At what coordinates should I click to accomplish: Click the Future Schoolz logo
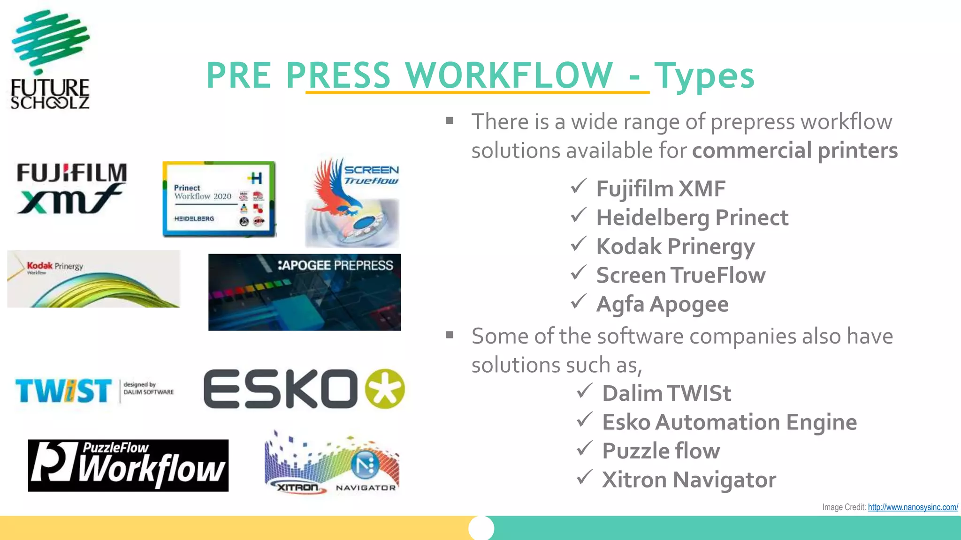(50, 60)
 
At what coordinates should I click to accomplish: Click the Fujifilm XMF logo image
(72, 188)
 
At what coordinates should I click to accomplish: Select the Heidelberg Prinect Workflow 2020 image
(219, 199)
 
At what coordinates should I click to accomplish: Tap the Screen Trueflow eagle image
(352, 202)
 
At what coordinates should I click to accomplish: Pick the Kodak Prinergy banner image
(93, 279)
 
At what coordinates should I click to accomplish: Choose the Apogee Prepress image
(305, 292)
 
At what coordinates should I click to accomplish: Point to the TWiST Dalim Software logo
(94, 391)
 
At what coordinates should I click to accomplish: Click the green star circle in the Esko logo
(385, 389)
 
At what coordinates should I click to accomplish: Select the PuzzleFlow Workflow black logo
(128, 465)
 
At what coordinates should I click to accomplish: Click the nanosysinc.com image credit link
(913, 507)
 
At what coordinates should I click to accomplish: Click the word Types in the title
(704, 75)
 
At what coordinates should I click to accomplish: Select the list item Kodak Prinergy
(675, 247)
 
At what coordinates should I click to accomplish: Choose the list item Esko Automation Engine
(729, 422)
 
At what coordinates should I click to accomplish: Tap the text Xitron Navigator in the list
(689, 480)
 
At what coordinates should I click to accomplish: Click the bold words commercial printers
(795, 150)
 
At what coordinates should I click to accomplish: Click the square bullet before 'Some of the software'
(450, 335)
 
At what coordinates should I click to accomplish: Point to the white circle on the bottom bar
(481, 528)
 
